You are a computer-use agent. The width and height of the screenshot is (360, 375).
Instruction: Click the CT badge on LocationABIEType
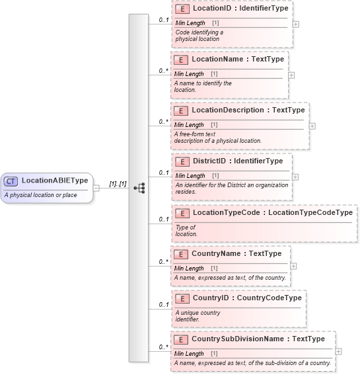point(11,181)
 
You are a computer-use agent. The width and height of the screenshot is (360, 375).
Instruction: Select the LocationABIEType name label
point(55,181)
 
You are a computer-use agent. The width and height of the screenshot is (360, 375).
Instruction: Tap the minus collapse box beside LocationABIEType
point(96,187)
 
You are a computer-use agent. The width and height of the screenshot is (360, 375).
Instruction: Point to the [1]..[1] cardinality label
point(118,183)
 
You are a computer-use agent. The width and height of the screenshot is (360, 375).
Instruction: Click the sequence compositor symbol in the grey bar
point(139,188)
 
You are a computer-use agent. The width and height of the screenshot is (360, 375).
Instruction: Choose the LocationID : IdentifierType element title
point(231,9)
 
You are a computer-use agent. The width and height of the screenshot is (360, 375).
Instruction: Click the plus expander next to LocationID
point(295,24)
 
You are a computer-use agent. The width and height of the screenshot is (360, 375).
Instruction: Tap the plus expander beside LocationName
point(291,75)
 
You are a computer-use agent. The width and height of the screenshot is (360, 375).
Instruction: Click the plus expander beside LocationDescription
point(312,126)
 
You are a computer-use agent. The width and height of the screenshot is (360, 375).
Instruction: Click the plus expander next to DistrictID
point(295,177)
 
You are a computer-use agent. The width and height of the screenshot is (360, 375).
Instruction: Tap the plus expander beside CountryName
point(293,266)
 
